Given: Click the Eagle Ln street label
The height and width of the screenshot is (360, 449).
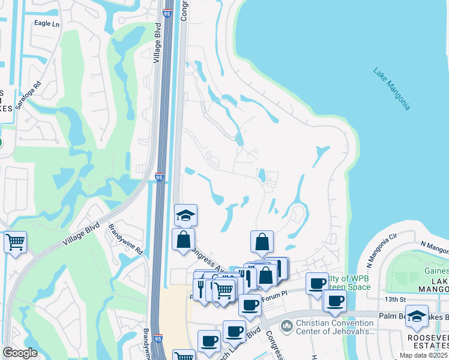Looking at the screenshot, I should coord(47,24).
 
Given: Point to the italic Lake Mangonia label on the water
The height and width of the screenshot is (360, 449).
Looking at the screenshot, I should coord(391,88).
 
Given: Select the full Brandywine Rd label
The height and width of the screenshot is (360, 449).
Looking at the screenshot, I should coord(126,239).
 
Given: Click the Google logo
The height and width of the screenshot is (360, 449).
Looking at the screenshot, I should coord(20,353).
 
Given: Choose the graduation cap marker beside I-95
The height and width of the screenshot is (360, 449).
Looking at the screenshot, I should coord(186,215).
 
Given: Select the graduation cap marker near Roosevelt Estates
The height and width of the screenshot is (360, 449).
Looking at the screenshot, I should coord(417,316).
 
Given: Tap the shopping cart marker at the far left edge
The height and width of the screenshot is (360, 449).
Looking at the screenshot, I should coord(15,242).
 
